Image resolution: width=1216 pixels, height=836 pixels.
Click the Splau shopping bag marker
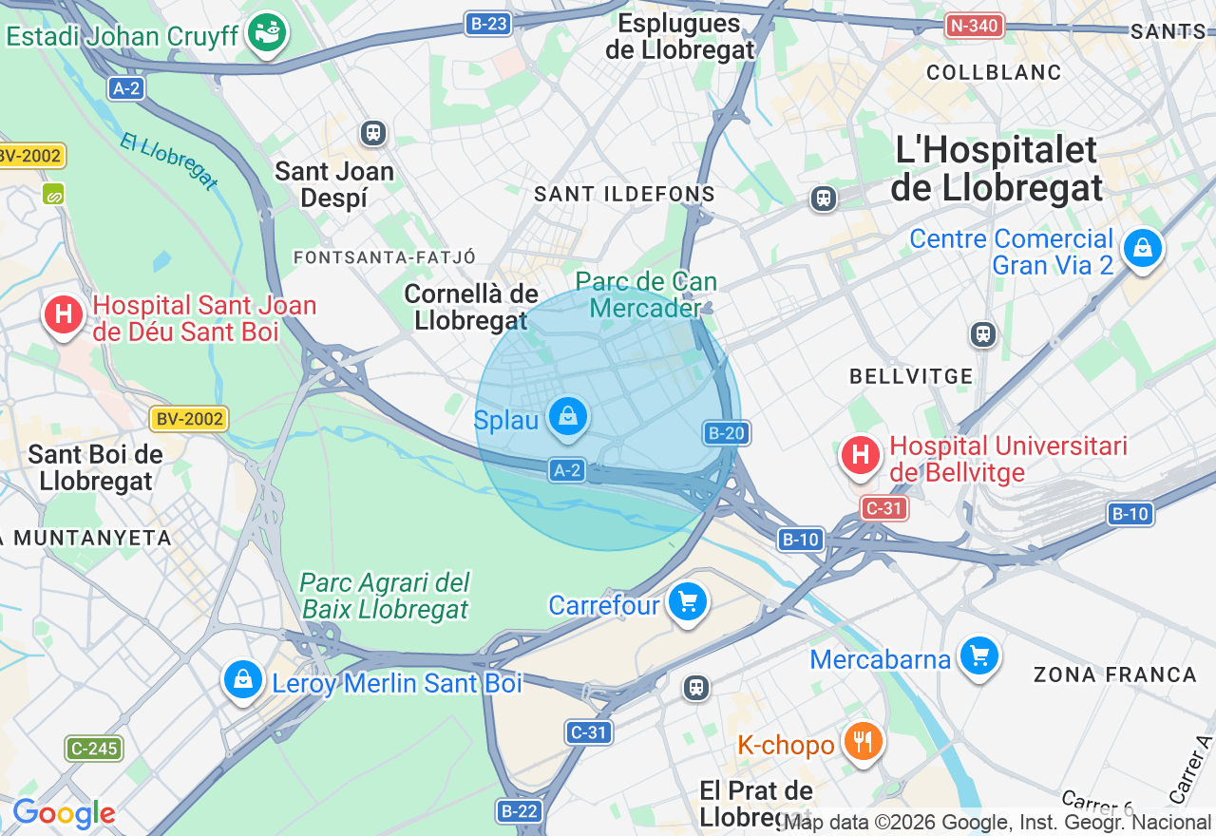pos(567,416)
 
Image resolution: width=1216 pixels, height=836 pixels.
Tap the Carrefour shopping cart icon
pos(688,601)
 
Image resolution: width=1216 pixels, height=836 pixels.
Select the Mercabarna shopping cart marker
pos(979,655)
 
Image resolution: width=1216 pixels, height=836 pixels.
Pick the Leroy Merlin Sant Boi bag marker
pos(243,679)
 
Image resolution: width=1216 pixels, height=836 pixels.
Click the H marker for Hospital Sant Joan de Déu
pos(64,314)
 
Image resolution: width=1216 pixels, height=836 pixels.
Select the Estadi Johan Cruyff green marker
pos(267,32)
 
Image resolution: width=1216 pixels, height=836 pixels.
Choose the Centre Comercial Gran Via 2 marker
pos(1142,248)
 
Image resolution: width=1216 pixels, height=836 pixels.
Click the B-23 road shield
pos(489,24)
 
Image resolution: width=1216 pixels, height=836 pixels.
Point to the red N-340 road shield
pos(975,26)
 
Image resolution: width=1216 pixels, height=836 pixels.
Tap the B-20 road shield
pos(725,433)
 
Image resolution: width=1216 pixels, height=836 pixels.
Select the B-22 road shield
pos(519,810)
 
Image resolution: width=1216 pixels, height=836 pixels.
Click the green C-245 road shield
pos(95,748)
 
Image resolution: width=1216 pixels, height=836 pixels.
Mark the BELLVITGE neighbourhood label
pos(911,376)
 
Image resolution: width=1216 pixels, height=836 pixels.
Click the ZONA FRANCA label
pos(1115,674)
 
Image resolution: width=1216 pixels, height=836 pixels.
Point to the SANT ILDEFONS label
pos(624,194)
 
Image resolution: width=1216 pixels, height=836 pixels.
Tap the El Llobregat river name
pos(170,161)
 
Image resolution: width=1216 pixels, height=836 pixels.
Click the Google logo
pos(64,814)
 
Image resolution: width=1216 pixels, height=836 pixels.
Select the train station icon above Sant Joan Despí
pos(373,132)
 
